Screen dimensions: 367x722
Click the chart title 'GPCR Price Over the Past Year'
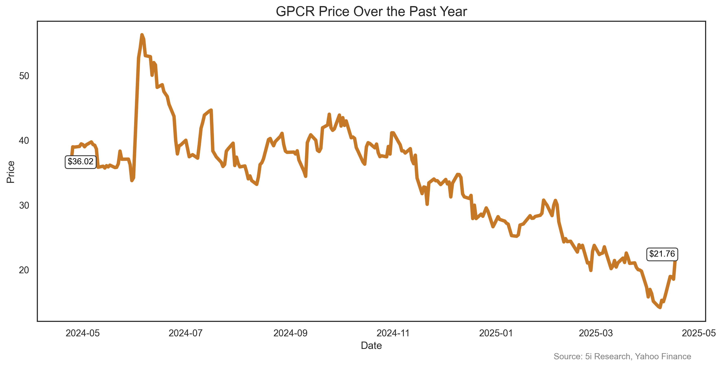pos(371,11)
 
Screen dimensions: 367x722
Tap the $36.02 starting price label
pos(80,162)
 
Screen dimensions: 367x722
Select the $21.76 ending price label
pos(662,254)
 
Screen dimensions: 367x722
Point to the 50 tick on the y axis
pos(24,76)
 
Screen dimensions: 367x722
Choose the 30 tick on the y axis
pos(24,206)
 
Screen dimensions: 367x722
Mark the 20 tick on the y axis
pos(24,270)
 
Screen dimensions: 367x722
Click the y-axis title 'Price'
pos(11,172)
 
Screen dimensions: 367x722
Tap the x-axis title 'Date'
pos(371,345)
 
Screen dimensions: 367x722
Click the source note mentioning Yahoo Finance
pos(622,356)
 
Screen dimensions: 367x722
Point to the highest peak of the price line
pos(142,35)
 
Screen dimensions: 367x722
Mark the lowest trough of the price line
pos(660,308)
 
